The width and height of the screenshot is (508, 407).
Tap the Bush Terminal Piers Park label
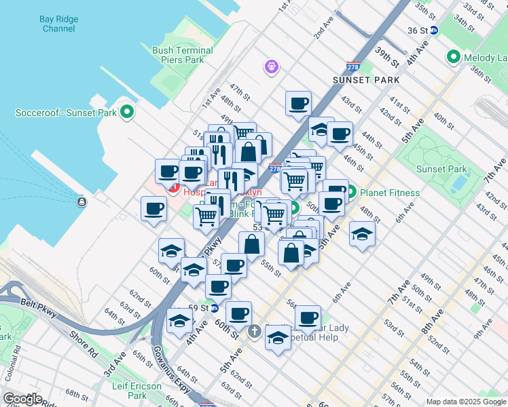tap(183, 55)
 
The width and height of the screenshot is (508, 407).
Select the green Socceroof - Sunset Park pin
tap(126, 111)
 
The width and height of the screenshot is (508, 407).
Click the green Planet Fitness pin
tap(352, 192)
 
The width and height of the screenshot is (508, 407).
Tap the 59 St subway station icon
tap(215, 308)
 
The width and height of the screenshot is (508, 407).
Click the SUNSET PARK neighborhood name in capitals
tap(361, 80)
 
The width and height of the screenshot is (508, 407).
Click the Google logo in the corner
tap(22, 399)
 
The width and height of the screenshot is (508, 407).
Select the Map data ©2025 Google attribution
tap(465, 402)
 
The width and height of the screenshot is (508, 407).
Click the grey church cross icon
tap(254, 332)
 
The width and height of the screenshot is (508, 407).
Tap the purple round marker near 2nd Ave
tap(272, 67)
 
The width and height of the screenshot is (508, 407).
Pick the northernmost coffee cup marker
tap(297, 104)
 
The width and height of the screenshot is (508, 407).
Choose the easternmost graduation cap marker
tap(362, 235)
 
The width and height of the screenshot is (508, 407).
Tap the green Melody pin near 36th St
tap(453, 58)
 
